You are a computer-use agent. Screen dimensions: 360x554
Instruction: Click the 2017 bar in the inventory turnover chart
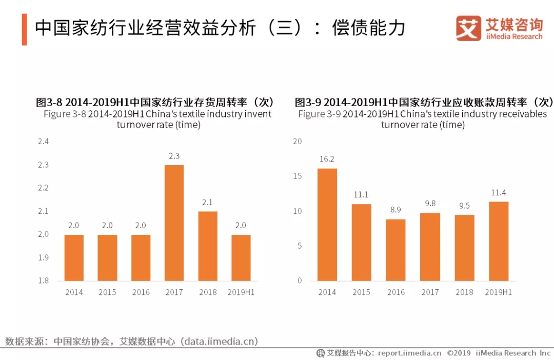[x=174, y=223]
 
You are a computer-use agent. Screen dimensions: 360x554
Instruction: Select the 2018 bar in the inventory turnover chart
[x=207, y=246]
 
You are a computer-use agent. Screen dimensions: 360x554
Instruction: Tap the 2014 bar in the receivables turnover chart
[x=327, y=224]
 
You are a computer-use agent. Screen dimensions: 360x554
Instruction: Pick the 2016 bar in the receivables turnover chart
[x=395, y=250]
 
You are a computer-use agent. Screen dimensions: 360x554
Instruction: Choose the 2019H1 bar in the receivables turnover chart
[x=499, y=241]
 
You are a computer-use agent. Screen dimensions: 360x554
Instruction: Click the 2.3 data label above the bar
[x=174, y=156]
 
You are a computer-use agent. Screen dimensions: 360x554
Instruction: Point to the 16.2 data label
[x=327, y=159]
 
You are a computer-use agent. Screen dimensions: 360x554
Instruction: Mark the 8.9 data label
[x=395, y=210]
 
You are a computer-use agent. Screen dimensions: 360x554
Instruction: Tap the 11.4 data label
[x=499, y=192]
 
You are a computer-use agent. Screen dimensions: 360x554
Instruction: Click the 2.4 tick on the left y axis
[x=43, y=142]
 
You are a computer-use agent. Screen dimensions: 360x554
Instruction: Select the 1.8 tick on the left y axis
[x=43, y=281]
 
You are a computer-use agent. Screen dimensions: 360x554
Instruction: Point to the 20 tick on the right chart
[x=298, y=142]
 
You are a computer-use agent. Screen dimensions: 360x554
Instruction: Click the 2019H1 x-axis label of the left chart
[x=241, y=292]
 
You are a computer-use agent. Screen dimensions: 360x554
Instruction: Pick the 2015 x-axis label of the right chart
[x=361, y=292]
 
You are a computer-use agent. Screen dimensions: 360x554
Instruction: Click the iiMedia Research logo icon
[x=468, y=28]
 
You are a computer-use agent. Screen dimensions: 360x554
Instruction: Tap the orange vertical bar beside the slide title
[x=24, y=29]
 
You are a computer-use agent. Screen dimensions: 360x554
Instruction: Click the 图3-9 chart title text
[x=424, y=102]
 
